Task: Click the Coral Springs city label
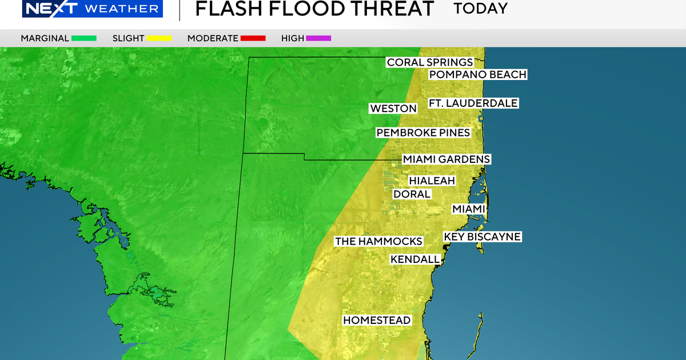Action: (430, 62)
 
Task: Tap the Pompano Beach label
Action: (477, 74)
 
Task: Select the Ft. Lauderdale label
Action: (473, 103)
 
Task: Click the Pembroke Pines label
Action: (423, 133)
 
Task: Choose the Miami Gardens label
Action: (446, 159)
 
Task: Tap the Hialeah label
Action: (432, 181)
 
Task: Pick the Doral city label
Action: (412, 194)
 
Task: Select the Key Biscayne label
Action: (482, 237)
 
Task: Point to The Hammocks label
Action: (378, 241)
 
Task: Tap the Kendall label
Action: (415, 259)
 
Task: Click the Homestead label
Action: (377, 320)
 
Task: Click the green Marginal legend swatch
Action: (84, 38)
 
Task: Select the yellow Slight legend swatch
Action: (160, 38)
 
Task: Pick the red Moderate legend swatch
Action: (253, 38)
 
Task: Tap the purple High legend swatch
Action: (318, 38)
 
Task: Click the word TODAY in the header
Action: (480, 9)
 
